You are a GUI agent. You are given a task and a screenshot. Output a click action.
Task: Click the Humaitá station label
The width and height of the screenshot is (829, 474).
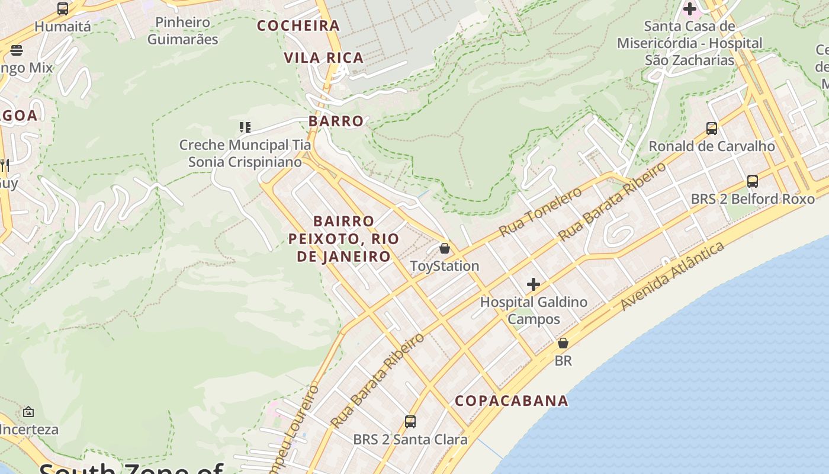click(x=63, y=27)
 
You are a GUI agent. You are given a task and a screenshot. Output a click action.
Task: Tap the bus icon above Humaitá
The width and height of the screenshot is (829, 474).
click(x=63, y=9)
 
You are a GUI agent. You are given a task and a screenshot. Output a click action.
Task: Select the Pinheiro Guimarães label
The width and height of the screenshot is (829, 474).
click(x=182, y=31)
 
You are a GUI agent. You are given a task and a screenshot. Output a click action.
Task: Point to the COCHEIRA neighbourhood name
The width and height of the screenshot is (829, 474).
click(x=298, y=25)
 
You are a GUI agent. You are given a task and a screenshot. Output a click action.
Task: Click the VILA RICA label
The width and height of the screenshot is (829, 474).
click(x=323, y=57)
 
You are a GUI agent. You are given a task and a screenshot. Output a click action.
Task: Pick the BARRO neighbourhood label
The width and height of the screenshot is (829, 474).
click(x=336, y=121)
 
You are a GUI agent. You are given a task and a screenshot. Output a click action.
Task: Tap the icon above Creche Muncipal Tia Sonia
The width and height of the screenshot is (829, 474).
click(x=245, y=127)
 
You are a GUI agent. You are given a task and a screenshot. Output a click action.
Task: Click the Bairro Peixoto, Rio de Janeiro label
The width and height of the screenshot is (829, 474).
click(x=343, y=239)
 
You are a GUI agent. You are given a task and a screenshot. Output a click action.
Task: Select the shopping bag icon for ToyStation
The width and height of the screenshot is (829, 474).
click(x=445, y=248)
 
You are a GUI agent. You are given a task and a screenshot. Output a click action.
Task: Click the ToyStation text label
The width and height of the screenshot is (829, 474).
click(x=445, y=266)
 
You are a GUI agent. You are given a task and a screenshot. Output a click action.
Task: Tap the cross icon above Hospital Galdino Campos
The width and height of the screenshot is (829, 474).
click(x=534, y=284)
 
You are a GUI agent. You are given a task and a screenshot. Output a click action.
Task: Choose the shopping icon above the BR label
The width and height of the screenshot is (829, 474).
click(x=563, y=343)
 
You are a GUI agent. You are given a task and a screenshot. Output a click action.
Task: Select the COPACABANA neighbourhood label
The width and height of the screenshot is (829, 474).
click(x=512, y=401)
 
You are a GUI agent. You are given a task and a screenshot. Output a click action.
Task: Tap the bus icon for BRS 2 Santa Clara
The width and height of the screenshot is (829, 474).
click(x=410, y=422)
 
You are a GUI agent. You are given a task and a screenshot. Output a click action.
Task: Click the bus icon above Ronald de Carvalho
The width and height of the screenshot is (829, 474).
click(x=712, y=128)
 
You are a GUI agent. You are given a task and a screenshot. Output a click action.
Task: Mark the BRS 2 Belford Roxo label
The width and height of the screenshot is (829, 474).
click(x=753, y=198)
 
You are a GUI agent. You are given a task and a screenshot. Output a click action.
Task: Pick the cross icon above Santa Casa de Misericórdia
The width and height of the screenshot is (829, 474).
click(x=690, y=9)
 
